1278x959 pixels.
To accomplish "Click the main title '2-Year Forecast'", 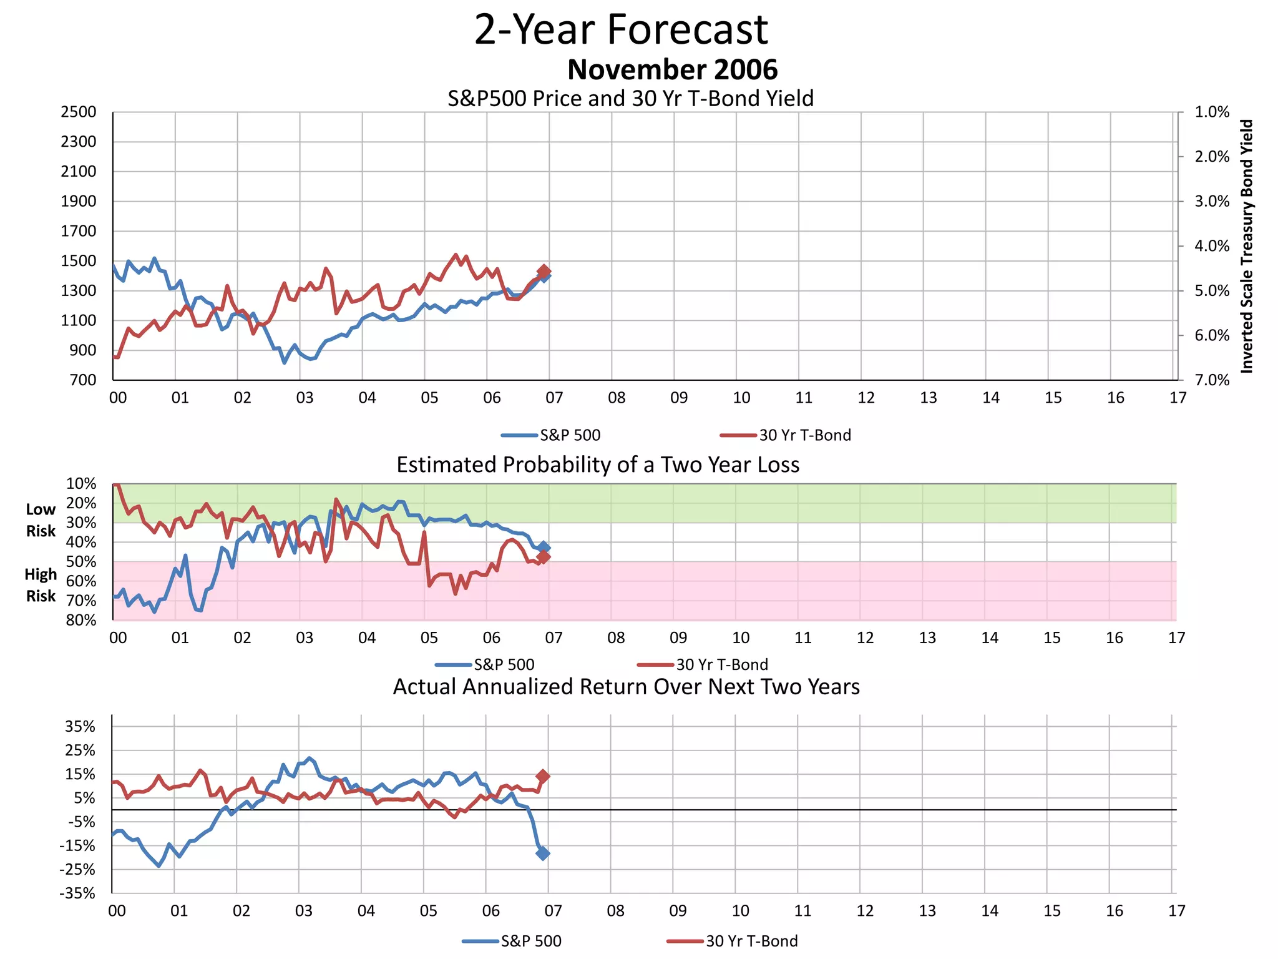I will click(621, 29).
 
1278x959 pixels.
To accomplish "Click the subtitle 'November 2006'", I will click(672, 69).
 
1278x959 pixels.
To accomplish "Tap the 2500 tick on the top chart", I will click(79, 112).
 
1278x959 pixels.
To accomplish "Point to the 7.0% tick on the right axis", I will click(1211, 380).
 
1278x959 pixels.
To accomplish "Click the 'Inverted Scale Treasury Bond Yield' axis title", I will click(1246, 246).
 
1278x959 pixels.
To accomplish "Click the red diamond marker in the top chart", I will click(544, 271).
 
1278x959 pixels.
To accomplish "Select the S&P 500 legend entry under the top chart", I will click(551, 435).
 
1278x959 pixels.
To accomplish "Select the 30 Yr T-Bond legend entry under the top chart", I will click(786, 435).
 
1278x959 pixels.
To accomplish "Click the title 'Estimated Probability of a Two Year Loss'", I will click(598, 465).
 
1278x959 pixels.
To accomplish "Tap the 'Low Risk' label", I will click(41, 520).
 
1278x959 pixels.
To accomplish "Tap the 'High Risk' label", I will click(41, 585).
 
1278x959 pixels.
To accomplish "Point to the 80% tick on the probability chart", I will click(81, 620).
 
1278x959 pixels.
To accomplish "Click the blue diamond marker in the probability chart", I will click(544, 547).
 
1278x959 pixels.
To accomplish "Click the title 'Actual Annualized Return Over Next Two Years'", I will click(626, 687).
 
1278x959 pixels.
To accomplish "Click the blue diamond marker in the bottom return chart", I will click(543, 853).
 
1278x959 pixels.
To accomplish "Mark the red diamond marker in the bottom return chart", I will click(543, 776).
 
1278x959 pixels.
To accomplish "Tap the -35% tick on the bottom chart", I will click(77, 893).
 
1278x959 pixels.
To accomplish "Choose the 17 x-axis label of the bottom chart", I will click(1176, 911).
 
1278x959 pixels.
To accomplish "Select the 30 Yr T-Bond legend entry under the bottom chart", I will click(733, 941).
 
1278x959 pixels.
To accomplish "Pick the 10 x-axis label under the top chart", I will click(741, 398).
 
